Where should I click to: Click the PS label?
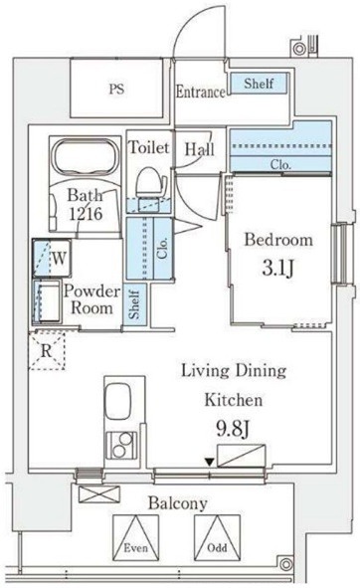(x=116, y=90)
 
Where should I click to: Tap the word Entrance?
(x=201, y=92)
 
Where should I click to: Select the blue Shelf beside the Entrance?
(x=259, y=83)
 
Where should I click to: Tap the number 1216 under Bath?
(x=86, y=214)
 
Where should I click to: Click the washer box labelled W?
(x=52, y=258)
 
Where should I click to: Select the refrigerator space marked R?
(x=47, y=350)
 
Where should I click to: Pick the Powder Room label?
(x=91, y=299)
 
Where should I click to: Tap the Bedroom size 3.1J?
(x=277, y=268)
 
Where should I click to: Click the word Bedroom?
(x=278, y=240)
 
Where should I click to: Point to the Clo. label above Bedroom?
(x=280, y=164)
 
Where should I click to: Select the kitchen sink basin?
(x=117, y=401)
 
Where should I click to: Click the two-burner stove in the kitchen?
(x=121, y=445)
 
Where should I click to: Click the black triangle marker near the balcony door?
(x=210, y=463)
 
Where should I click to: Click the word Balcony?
(x=177, y=503)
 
